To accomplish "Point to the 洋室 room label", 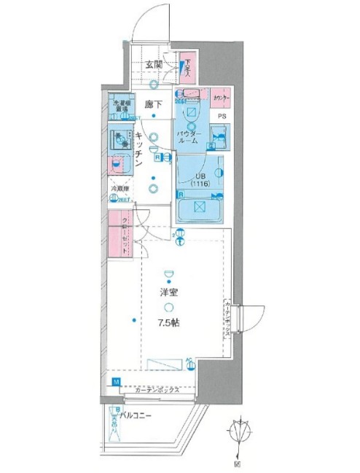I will tap(169, 293).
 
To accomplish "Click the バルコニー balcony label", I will tap(136, 415).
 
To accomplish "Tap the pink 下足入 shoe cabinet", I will tap(187, 69).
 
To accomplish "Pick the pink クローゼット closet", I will tap(120, 234).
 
